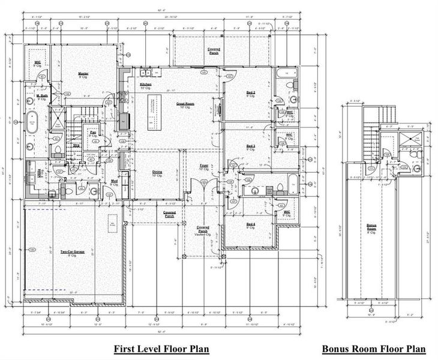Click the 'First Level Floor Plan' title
[162, 349]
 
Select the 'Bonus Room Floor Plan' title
[374, 349]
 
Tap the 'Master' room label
[83, 74]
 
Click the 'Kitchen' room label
[146, 86]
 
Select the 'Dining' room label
[157, 173]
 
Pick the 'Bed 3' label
[251, 146]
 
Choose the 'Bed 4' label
[251, 226]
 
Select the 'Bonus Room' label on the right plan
[372, 227]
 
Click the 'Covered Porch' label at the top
[213, 50]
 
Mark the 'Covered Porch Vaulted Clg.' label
[203, 230]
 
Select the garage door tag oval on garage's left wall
[31, 249]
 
